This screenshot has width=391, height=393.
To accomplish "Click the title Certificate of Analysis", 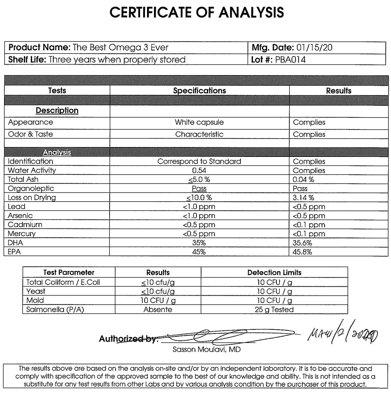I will pos(197,12).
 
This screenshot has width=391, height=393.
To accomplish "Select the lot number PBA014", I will pos(290,59).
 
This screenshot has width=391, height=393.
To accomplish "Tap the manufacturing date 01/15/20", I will pos(314,48).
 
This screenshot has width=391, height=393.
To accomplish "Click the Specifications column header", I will pos(199,90).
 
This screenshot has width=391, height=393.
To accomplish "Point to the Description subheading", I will pos(57,110).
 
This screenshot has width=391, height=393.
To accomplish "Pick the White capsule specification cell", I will pos(199,122).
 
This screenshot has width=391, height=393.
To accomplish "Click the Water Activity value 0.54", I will pos(199,171).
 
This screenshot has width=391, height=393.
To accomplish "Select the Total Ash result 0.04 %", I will pos(303,180).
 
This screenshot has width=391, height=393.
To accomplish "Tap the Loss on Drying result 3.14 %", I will pos(303,198).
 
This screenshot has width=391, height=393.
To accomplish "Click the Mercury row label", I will pos(21,234).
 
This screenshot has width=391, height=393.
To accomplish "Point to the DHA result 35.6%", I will pos(302,243).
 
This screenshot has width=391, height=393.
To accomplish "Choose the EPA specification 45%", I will pos(199,252).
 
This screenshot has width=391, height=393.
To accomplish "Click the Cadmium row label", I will pos(25,225).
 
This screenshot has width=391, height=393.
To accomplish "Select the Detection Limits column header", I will pos(274,273).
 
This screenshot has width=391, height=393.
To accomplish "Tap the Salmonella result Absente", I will pos(158,309).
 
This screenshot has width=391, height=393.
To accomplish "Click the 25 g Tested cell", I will pos(274,309).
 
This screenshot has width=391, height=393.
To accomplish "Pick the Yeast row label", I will pos(36,291).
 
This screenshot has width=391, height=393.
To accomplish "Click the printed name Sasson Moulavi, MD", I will pos(206,349).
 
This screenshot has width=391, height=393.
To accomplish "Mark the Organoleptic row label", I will pos(31,188).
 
